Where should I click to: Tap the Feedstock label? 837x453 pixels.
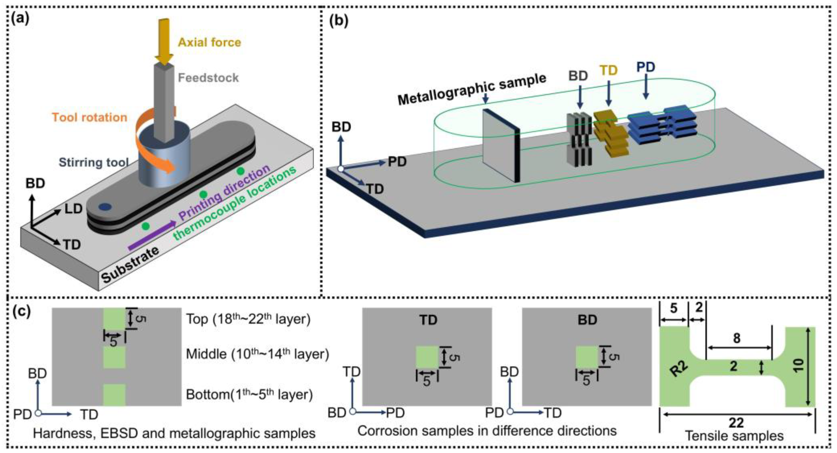click(x=208, y=78)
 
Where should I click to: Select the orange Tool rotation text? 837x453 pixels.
click(x=89, y=117)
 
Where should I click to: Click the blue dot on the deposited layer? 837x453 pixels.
click(x=105, y=207)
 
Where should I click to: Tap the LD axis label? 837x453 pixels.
click(x=73, y=209)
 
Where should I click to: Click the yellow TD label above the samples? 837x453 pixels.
click(x=608, y=70)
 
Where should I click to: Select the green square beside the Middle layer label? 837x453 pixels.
click(x=114, y=357)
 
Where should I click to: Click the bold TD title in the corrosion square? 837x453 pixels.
click(x=428, y=320)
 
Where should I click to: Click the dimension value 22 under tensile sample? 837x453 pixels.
click(x=736, y=423)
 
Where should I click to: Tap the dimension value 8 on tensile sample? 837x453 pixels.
click(x=737, y=338)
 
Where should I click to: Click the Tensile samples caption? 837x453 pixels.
click(x=734, y=436)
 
